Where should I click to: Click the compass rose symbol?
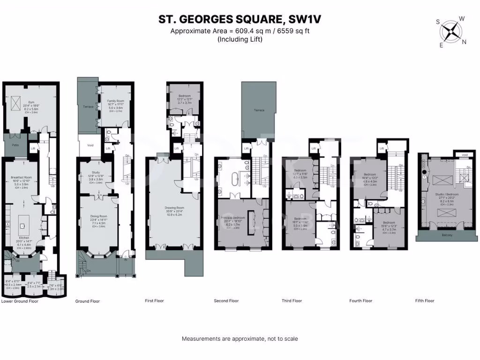coord(451,31)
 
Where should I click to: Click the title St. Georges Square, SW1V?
coord(240,19)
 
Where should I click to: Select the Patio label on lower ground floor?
coord(15,145)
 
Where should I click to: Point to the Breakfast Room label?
coord(22,177)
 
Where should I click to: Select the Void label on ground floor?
coord(90,145)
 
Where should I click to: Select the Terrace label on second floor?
coord(259,110)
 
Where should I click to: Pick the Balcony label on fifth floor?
coord(447,235)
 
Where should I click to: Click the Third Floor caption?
coord(292,301)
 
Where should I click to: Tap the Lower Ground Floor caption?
coord(20,301)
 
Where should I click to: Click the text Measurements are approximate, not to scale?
coord(240,338)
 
